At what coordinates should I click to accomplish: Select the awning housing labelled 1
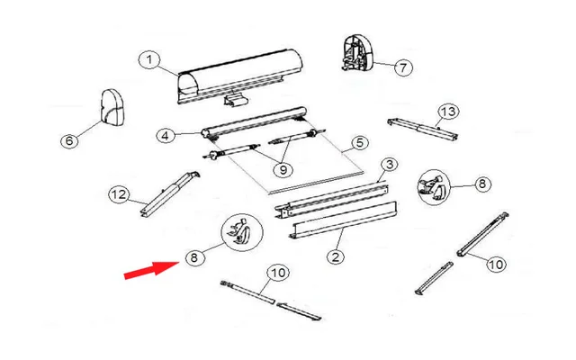click(x=238, y=75)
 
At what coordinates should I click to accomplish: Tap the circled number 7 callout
click(x=401, y=67)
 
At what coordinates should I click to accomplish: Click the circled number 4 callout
click(x=165, y=136)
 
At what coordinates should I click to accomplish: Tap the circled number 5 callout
click(x=359, y=142)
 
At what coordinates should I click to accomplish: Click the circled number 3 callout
click(x=388, y=164)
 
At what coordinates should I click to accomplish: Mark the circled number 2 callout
click(x=335, y=256)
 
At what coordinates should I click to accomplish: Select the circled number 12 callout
click(x=116, y=194)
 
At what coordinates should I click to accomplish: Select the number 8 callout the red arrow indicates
click(x=192, y=257)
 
